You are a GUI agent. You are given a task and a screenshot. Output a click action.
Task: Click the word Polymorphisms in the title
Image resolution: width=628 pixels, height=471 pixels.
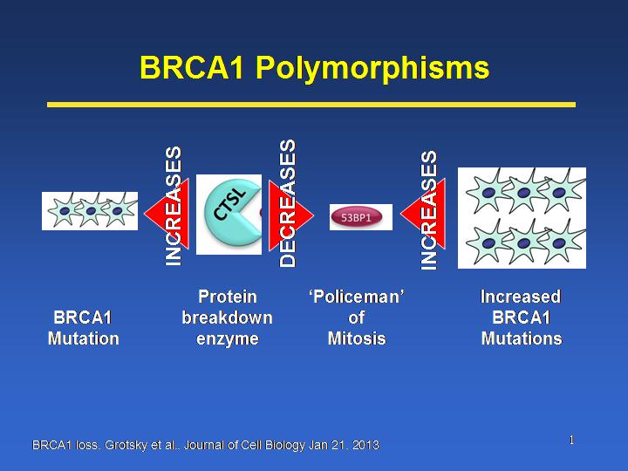(372, 68)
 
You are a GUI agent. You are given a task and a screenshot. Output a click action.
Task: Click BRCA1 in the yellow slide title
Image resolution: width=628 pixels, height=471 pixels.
(191, 66)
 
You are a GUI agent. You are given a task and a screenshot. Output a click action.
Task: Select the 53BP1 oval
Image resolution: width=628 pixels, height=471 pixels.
(357, 217)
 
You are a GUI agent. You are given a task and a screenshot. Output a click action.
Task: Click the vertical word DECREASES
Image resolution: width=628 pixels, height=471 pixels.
(288, 203)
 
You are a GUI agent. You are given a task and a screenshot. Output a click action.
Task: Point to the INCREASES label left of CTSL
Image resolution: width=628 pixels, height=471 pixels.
(174, 206)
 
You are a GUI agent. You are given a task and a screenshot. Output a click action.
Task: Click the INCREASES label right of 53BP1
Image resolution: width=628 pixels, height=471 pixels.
(428, 210)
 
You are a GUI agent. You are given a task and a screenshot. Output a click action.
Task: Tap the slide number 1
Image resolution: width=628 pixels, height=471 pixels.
(571, 440)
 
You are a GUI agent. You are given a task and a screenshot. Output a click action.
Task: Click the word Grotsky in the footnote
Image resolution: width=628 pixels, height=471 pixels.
(121, 446)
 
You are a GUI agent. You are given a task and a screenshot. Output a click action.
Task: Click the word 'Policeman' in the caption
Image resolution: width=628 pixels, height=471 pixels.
(356, 297)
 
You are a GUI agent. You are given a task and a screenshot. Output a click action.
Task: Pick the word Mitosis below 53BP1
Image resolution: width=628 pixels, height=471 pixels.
(357, 338)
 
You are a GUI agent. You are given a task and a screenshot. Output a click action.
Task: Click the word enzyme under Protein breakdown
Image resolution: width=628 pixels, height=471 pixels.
(228, 339)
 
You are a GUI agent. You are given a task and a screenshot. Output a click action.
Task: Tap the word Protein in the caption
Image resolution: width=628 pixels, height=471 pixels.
(228, 297)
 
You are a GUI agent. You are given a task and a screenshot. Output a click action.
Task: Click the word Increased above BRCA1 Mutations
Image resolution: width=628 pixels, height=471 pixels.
(521, 297)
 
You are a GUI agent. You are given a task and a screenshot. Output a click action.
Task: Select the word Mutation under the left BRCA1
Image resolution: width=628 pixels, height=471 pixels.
(84, 338)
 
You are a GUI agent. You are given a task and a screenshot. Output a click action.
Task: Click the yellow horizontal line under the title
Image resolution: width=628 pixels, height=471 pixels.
(311, 105)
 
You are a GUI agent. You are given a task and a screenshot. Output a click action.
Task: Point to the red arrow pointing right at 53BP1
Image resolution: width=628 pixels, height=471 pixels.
(291, 215)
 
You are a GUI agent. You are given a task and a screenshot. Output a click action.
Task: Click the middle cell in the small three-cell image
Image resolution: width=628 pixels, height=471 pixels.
(91, 210)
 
